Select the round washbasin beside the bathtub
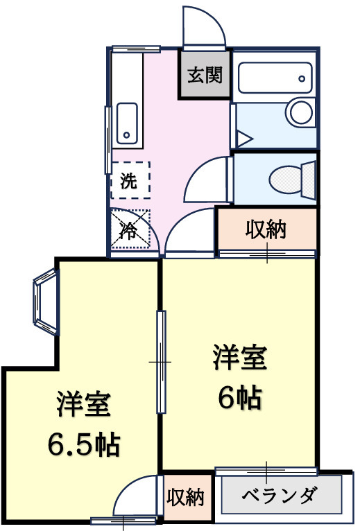[300, 112]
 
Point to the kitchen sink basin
[126, 122]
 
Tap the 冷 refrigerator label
[129, 230]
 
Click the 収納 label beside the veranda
[185, 496]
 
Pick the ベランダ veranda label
[280, 496]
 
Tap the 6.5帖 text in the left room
[83, 444]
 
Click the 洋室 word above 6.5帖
[83, 405]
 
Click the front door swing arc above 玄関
[205, 26]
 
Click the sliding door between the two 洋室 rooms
[162, 362]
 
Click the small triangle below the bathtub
[243, 137]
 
